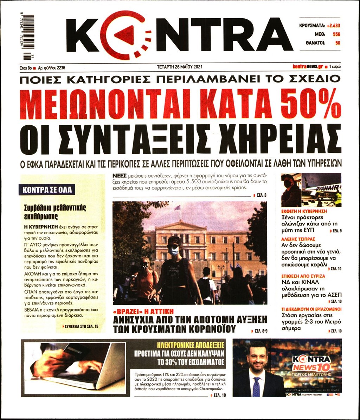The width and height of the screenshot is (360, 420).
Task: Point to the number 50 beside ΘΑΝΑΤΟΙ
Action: tap(337, 43)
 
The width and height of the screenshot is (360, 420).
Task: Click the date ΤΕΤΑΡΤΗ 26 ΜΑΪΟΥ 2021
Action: tap(180, 66)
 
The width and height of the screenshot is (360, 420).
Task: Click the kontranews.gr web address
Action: tap(308, 66)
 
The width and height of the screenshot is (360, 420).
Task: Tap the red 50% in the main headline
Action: tap(311, 104)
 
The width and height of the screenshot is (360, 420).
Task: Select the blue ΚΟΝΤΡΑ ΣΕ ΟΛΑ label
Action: tap(47, 190)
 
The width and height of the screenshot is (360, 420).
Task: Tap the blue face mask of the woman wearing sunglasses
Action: tap(173, 251)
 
